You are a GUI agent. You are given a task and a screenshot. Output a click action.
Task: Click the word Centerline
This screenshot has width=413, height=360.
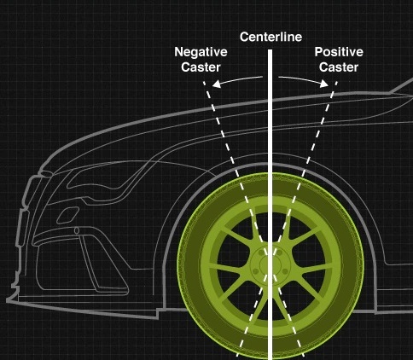coord(270,37)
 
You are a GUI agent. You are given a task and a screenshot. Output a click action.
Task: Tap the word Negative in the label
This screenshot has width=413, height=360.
coord(201,52)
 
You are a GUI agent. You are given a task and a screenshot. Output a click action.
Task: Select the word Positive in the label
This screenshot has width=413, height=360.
coord(339,52)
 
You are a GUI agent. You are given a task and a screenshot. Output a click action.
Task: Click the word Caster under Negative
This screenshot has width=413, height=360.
coord(201,67)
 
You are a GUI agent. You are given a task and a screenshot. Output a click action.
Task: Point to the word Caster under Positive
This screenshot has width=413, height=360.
coord(339,67)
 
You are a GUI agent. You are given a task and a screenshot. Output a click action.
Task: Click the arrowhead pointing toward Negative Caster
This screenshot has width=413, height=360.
coord(217,84)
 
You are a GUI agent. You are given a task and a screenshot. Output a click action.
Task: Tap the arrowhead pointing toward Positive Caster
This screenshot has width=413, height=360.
coord(324,84)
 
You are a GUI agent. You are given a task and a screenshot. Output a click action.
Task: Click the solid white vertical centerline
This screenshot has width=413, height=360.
coord(270,205)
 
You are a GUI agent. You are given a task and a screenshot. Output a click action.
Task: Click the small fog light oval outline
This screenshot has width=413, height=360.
coord(67,216)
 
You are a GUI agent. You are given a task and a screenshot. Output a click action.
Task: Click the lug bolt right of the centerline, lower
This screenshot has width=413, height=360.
coord(284,272)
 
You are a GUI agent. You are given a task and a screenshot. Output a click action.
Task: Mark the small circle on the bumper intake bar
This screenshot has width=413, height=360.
coord(77,230)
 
